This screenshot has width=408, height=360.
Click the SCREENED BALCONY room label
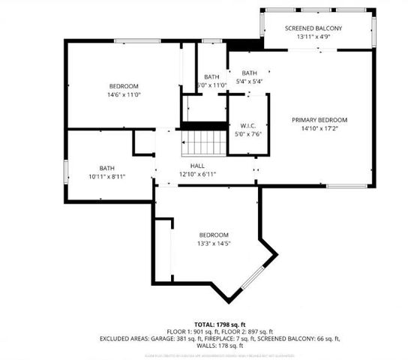313,28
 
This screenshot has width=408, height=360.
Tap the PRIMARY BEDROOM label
319,120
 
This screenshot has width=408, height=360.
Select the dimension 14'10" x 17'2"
319,129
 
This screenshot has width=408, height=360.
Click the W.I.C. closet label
249,125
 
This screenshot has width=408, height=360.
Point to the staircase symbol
205,141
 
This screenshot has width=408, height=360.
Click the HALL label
197,166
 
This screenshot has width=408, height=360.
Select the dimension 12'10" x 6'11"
197,174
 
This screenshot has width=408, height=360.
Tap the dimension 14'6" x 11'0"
124,95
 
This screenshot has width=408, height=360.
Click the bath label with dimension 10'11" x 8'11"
106,168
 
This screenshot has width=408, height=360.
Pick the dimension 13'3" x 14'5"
214,244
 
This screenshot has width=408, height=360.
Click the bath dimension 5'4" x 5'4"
249,81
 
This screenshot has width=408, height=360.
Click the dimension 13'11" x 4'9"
313,37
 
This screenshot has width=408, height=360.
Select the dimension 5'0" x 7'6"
249,134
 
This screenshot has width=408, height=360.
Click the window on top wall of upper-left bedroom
136,40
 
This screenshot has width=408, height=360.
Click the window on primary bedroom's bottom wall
346,185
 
